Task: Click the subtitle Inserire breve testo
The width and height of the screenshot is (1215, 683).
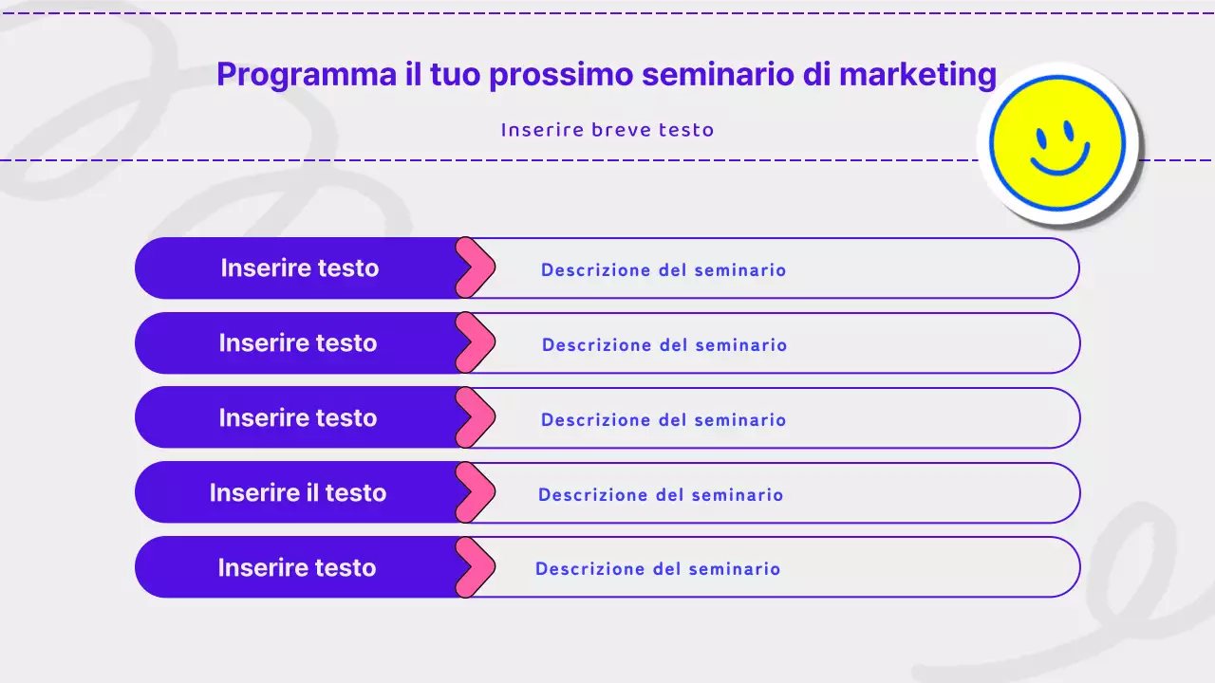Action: [607, 130]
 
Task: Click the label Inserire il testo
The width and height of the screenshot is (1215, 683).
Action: [298, 493]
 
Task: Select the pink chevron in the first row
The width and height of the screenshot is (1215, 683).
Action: [477, 268]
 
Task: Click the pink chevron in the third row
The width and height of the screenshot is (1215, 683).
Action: [477, 418]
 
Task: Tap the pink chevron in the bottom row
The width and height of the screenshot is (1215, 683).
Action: [477, 568]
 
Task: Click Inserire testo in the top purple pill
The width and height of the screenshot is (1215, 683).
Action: [300, 268]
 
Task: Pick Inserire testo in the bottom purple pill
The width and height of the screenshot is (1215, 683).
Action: [297, 568]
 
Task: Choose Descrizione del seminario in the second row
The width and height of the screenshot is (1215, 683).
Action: [664, 345]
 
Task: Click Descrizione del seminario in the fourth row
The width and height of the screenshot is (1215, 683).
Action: [661, 495]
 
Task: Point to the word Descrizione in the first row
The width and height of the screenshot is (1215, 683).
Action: [595, 270]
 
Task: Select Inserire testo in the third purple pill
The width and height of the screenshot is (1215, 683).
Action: [298, 418]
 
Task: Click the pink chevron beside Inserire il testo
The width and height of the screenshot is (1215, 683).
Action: [477, 493]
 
